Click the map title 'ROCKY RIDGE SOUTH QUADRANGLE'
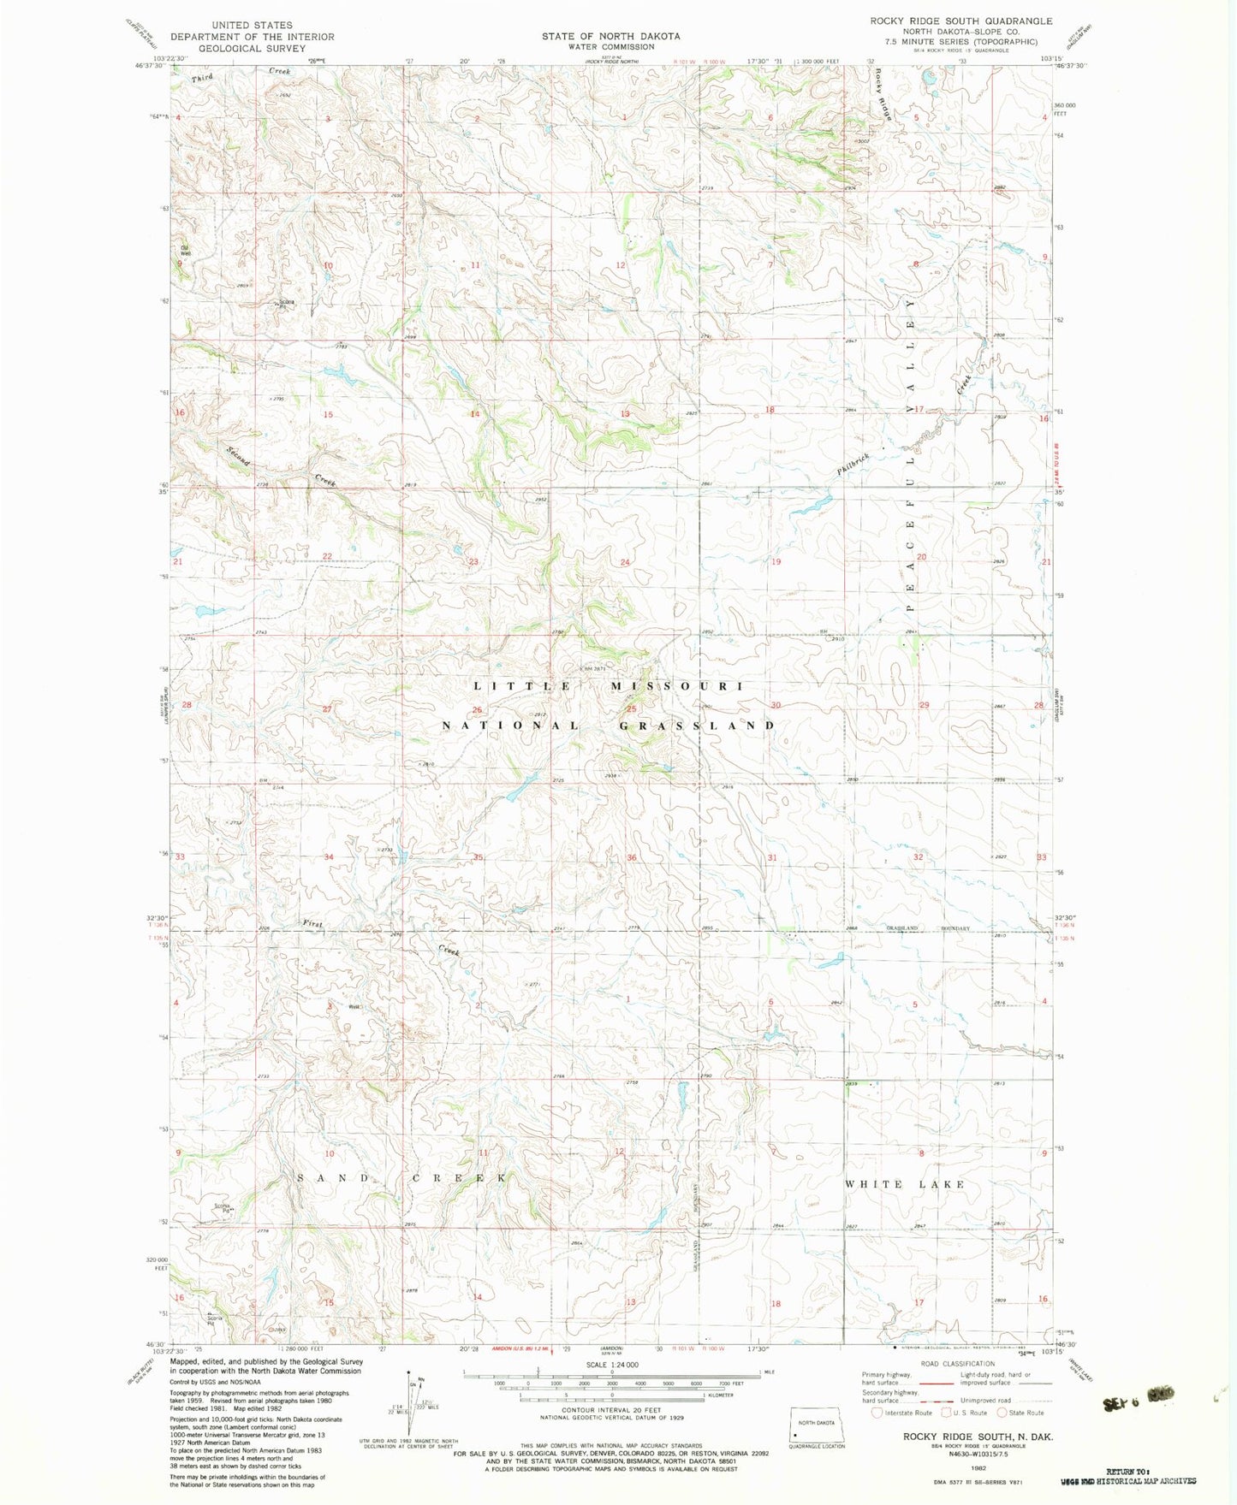960,21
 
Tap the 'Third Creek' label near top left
241,74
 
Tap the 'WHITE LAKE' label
904,1184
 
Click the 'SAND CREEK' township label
401,1178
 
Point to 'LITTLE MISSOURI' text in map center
609,686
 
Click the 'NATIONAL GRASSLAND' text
609,726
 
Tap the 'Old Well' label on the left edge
184,251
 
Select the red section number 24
625,562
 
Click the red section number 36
631,857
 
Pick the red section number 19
776,562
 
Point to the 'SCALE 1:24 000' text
611,1365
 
